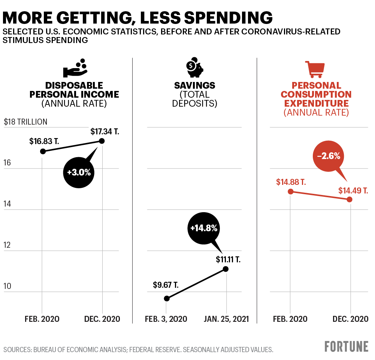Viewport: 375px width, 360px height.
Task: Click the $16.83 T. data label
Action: [x=44, y=141]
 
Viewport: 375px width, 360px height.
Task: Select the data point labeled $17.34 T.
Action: [x=102, y=141]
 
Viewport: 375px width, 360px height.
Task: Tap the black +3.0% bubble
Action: [x=79, y=172]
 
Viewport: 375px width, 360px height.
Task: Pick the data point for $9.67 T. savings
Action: [x=167, y=298]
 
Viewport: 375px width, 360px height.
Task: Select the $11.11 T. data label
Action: [x=228, y=259]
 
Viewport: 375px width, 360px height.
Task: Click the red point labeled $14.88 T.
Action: [x=291, y=191]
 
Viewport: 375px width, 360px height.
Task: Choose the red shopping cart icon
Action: [x=315, y=69]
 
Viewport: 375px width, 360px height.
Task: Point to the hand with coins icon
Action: [x=75, y=67]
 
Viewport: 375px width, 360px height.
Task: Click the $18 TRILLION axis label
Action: [x=25, y=122]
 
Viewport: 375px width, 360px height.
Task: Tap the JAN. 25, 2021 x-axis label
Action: [x=226, y=319]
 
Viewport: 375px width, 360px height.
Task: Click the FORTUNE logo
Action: [x=346, y=346]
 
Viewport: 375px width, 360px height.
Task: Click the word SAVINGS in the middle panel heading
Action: [x=194, y=86]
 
